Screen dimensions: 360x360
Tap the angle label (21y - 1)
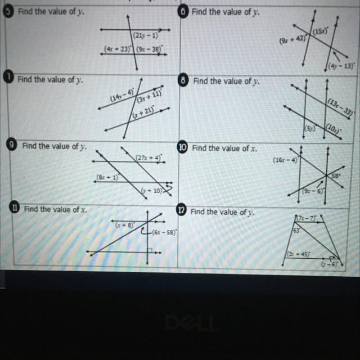pyautogui.click(x=145, y=36)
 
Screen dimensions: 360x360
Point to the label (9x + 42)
pyautogui.click(x=292, y=40)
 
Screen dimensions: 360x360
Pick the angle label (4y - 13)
pyautogui.click(x=341, y=66)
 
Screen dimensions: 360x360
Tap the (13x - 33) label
pyautogui.click(x=340, y=106)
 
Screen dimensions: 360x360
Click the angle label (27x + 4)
pyautogui.click(x=149, y=158)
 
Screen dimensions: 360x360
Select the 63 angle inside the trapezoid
pyautogui.click(x=295, y=230)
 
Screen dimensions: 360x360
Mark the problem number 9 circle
pyautogui.click(x=10, y=145)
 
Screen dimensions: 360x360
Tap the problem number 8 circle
pyautogui.click(x=183, y=80)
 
